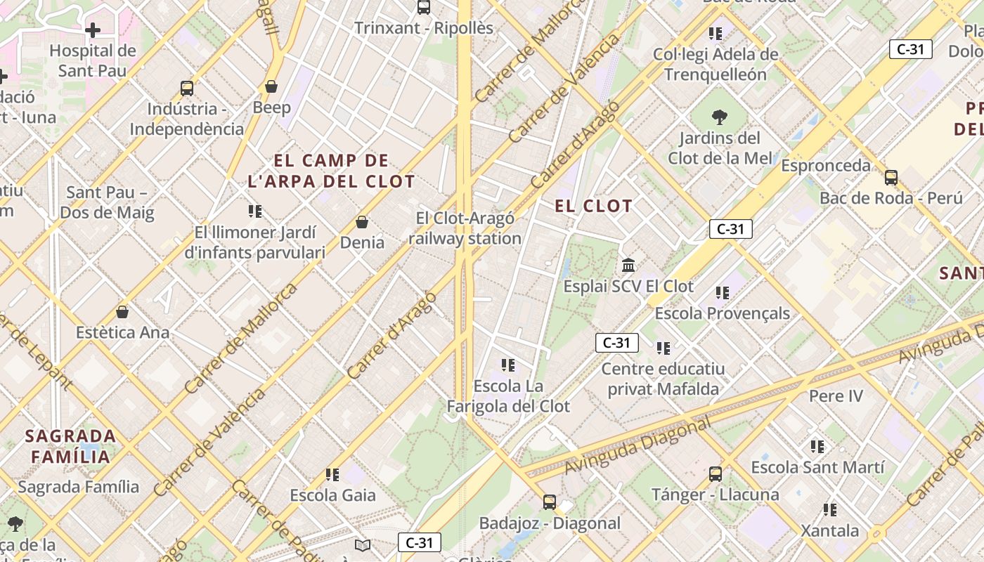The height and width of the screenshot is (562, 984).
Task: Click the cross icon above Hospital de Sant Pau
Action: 92,30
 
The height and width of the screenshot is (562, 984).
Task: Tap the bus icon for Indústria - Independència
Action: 187,89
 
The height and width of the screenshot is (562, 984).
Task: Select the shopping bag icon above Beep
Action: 271,86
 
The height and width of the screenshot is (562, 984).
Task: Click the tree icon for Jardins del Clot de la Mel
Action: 719,117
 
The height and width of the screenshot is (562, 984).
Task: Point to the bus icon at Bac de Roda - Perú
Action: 891,178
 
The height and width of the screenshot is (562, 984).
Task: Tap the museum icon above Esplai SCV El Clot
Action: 628,266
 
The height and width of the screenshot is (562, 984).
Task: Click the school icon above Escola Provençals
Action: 722,292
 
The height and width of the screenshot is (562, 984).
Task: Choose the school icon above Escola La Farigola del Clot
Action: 508,365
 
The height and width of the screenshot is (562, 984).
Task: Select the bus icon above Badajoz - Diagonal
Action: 550,502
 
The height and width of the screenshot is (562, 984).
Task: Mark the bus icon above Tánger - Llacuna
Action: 715,474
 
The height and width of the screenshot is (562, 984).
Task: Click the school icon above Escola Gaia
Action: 332,475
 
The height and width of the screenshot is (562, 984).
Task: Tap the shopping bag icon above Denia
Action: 362,222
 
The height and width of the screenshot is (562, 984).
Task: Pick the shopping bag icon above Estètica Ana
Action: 122,312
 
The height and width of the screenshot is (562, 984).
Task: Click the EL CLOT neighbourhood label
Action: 594,206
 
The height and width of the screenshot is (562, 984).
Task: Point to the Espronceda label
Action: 826,166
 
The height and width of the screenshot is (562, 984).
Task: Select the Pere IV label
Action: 836,396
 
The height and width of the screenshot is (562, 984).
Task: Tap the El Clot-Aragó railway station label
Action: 465,228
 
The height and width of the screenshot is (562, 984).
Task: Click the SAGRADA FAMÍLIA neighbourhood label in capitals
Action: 70,446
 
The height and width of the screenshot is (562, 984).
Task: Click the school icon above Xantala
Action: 830,510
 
